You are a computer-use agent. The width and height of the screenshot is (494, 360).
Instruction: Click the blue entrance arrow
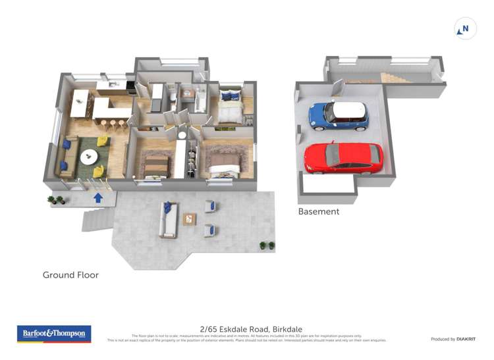click(x=98, y=196)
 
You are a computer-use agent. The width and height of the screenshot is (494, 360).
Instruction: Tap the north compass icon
click(x=466, y=29)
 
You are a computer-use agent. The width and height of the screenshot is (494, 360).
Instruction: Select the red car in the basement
click(x=343, y=158)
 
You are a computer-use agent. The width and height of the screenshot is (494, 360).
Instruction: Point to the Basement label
click(x=319, y=212)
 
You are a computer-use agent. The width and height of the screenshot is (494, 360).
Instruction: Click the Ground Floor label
click(x=70, y=275)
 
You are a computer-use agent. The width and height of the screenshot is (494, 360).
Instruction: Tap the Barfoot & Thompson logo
click(x=54, y=334)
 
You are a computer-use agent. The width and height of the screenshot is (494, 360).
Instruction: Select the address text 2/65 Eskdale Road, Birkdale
click(x=247, y=328)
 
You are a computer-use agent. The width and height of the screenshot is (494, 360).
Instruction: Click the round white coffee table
click(x=88, y=157)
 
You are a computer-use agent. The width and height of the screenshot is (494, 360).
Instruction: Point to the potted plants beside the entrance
click(x=55, y=199)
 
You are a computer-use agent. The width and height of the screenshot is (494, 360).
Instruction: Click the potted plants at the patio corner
click(x=267, y=245)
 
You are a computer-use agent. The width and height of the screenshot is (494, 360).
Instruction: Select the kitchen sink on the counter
click(x=113, y=84)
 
